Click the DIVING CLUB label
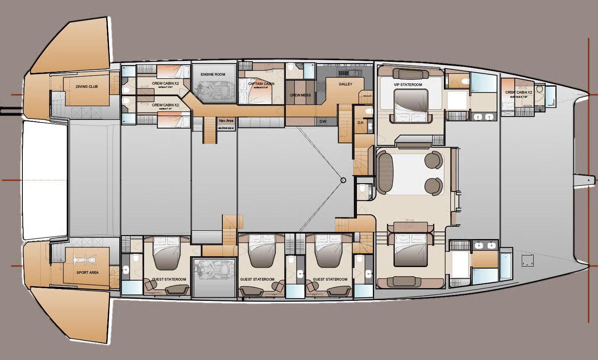87,87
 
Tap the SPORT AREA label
87,273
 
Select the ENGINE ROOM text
213,74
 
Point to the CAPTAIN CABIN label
261,84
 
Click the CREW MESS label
300,95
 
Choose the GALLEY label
345,84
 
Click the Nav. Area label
226,121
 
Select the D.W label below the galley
322,122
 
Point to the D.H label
360,123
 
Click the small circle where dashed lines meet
343,180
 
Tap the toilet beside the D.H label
369,111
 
